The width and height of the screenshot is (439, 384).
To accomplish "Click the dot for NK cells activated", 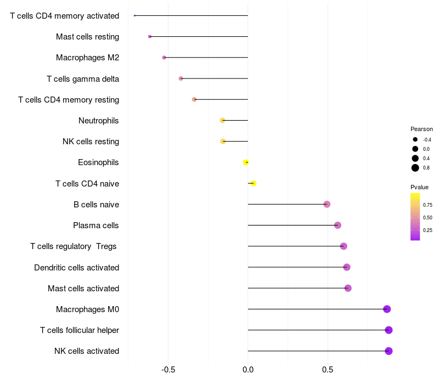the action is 389,351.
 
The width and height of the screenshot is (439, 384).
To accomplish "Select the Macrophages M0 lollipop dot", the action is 387,309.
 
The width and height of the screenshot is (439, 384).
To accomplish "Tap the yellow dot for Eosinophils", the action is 245,162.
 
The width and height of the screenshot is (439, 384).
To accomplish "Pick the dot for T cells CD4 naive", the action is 254,183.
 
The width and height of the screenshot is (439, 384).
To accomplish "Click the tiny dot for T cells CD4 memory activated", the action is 134,16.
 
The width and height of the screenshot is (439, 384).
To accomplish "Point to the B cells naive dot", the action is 327,204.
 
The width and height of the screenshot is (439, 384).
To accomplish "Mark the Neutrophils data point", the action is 222,120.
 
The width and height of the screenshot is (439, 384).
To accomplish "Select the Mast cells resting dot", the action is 150,37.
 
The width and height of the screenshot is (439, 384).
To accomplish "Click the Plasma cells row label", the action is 95,225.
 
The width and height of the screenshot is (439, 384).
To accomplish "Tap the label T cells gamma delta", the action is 83,79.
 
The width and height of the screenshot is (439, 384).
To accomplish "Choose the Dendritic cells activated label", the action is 77,268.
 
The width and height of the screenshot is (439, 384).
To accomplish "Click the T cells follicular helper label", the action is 80,330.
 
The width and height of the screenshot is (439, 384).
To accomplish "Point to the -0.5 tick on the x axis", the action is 168,370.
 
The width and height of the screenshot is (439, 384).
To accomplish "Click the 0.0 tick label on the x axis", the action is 248,370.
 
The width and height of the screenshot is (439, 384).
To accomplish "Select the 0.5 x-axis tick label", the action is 328,370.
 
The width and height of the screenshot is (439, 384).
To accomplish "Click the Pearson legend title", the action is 421,129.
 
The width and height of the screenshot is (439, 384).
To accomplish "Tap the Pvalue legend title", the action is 419,187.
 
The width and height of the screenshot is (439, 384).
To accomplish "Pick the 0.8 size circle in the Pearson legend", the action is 415,168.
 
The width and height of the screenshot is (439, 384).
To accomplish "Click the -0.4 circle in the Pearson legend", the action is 415,139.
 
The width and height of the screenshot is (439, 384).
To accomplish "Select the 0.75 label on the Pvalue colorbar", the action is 427,205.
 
